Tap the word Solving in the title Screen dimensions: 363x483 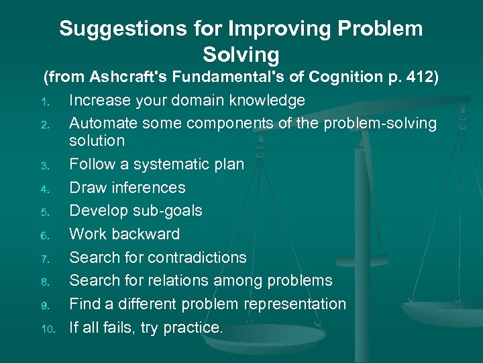[x=240, y=54]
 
